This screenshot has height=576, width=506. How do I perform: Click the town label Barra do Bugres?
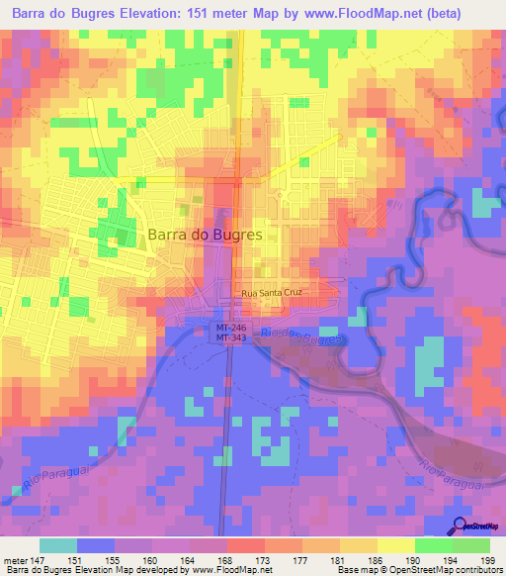coord(206,236)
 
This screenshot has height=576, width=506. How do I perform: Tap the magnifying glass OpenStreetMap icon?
coord(462,528)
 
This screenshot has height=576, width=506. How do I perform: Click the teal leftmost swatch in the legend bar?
coord(58,544)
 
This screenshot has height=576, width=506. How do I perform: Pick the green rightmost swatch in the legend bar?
coord(471,544)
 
